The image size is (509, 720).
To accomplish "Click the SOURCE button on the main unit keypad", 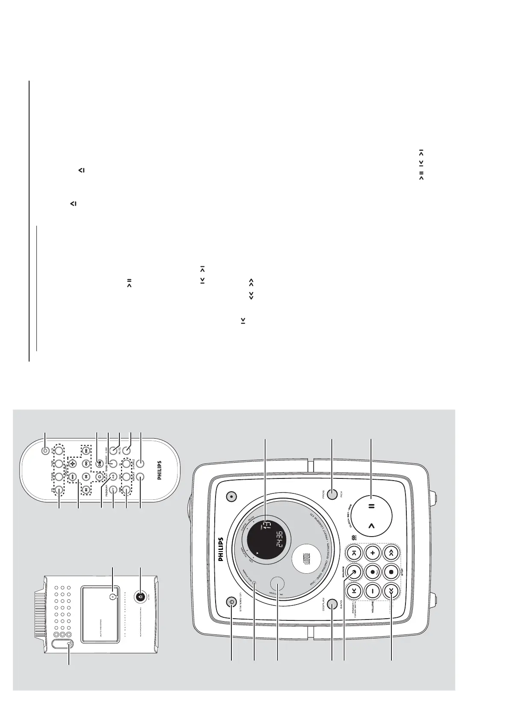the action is [354, 571].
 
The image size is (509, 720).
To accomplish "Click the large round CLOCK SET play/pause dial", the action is [371, 515].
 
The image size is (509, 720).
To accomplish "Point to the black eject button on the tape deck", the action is [141, 596].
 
